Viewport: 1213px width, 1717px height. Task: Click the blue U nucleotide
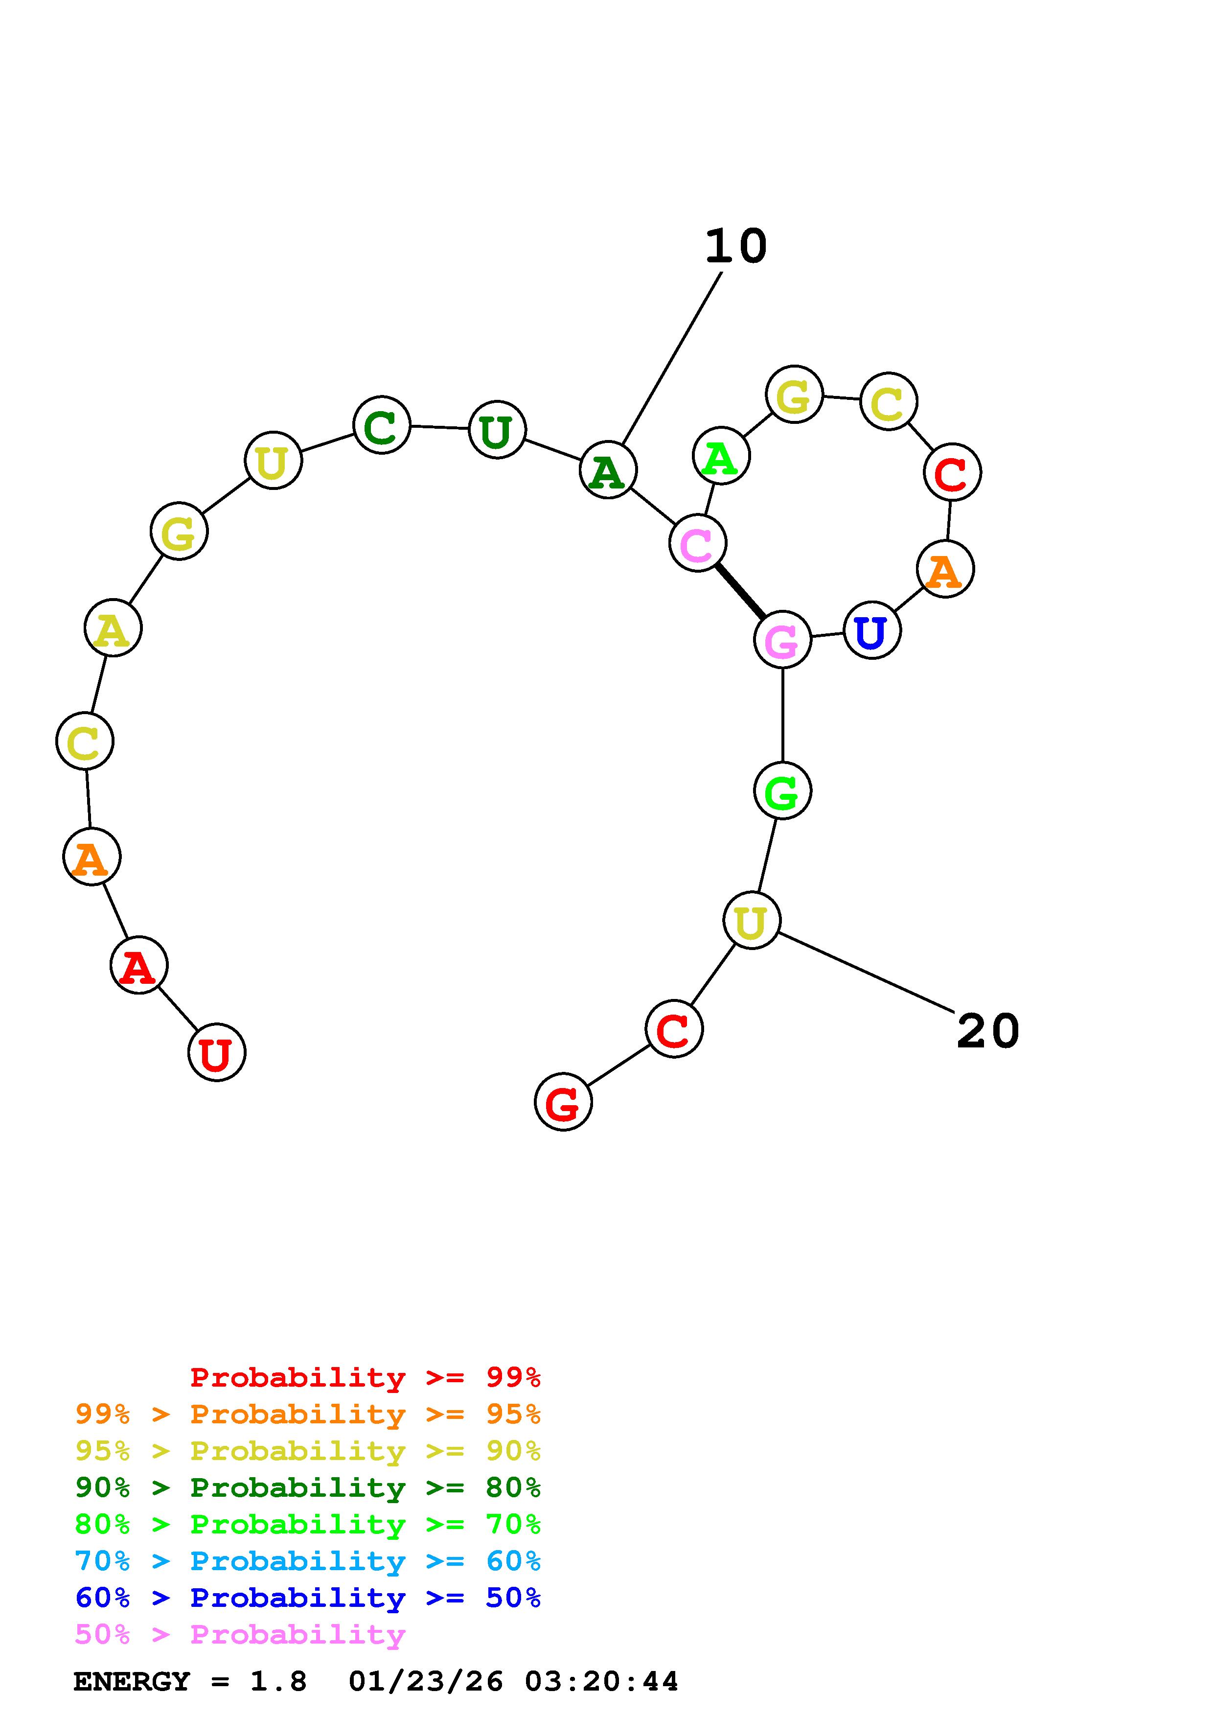(871, 630)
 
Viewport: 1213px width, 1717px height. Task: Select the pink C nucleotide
(697, 543)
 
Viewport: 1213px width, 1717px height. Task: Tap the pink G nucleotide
(782, 639)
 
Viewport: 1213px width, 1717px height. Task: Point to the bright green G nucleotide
(782, 790)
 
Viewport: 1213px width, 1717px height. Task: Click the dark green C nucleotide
(381, 425)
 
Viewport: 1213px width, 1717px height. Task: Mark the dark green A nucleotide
(608, 470)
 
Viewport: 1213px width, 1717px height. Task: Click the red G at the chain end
(563, 1102)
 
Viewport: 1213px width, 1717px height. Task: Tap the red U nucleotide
(216, 1052)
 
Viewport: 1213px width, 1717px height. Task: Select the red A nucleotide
(138, 965)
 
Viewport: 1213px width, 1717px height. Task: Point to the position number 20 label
(987, 1031)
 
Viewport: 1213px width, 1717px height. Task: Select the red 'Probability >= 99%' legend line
(365, 1377)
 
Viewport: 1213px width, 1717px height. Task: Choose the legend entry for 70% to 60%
(307, 1561)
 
